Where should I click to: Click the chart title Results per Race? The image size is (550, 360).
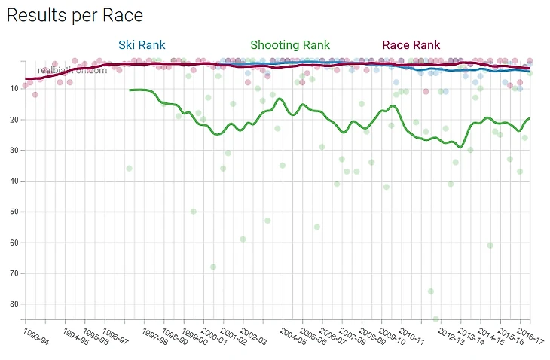[x=75, y=15]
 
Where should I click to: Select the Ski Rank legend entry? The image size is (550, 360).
[x=142, y=45]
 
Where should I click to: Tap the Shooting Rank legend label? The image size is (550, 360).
[x=290, y=45]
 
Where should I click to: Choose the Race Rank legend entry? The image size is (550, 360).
[x=411, y=45]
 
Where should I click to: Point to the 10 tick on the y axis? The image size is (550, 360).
[x=14, y=89]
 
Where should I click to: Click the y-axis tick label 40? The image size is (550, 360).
[x=14, y=182]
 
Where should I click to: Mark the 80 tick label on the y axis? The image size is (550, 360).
[x=14, y=304]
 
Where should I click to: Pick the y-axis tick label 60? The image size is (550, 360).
[x=14, y=243]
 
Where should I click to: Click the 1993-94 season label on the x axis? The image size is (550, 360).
[x=36, y=337]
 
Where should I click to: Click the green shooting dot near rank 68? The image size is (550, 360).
[x=213, y=267]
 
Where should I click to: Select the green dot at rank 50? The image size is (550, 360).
[x=193, y=212]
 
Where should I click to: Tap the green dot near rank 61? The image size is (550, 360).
[x=490, y=246]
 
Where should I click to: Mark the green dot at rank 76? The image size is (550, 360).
[x=431, y=291]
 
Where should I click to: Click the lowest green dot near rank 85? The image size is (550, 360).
[x=436, y=319]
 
